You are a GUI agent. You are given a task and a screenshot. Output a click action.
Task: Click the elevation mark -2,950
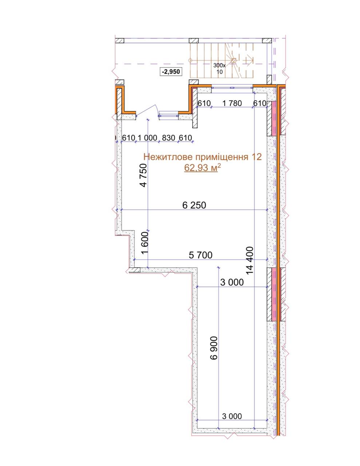tap(171, 71)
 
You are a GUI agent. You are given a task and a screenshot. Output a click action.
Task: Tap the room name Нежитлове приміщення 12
tap(202, 157)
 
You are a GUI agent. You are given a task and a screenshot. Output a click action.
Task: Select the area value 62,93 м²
tap(202, 168)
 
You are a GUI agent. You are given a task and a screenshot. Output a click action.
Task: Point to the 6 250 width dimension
tap(194, 205)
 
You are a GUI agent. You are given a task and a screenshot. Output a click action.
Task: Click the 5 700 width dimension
tap(201, 255)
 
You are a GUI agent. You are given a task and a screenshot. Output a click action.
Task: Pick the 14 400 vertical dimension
tap(250, 261)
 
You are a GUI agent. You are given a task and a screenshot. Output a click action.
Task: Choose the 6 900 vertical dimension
tap(214, 348)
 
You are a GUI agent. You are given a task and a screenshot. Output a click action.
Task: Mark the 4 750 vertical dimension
tap(143, 175)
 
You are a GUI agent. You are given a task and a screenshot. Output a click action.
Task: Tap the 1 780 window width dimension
tap(232, 103)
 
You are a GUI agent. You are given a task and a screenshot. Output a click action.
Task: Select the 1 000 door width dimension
tap(147, 138)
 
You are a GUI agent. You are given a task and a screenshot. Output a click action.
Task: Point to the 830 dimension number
tap(169, 138)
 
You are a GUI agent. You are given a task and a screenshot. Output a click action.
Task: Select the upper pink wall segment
tap(274, 118)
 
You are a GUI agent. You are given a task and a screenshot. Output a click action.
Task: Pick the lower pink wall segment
tap(274, 295)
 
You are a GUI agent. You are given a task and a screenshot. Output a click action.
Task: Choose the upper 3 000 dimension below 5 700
tap(232, 282)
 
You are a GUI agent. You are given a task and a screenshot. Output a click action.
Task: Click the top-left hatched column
tap(120, 41)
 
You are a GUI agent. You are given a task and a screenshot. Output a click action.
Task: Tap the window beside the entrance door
tap(168, 115)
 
